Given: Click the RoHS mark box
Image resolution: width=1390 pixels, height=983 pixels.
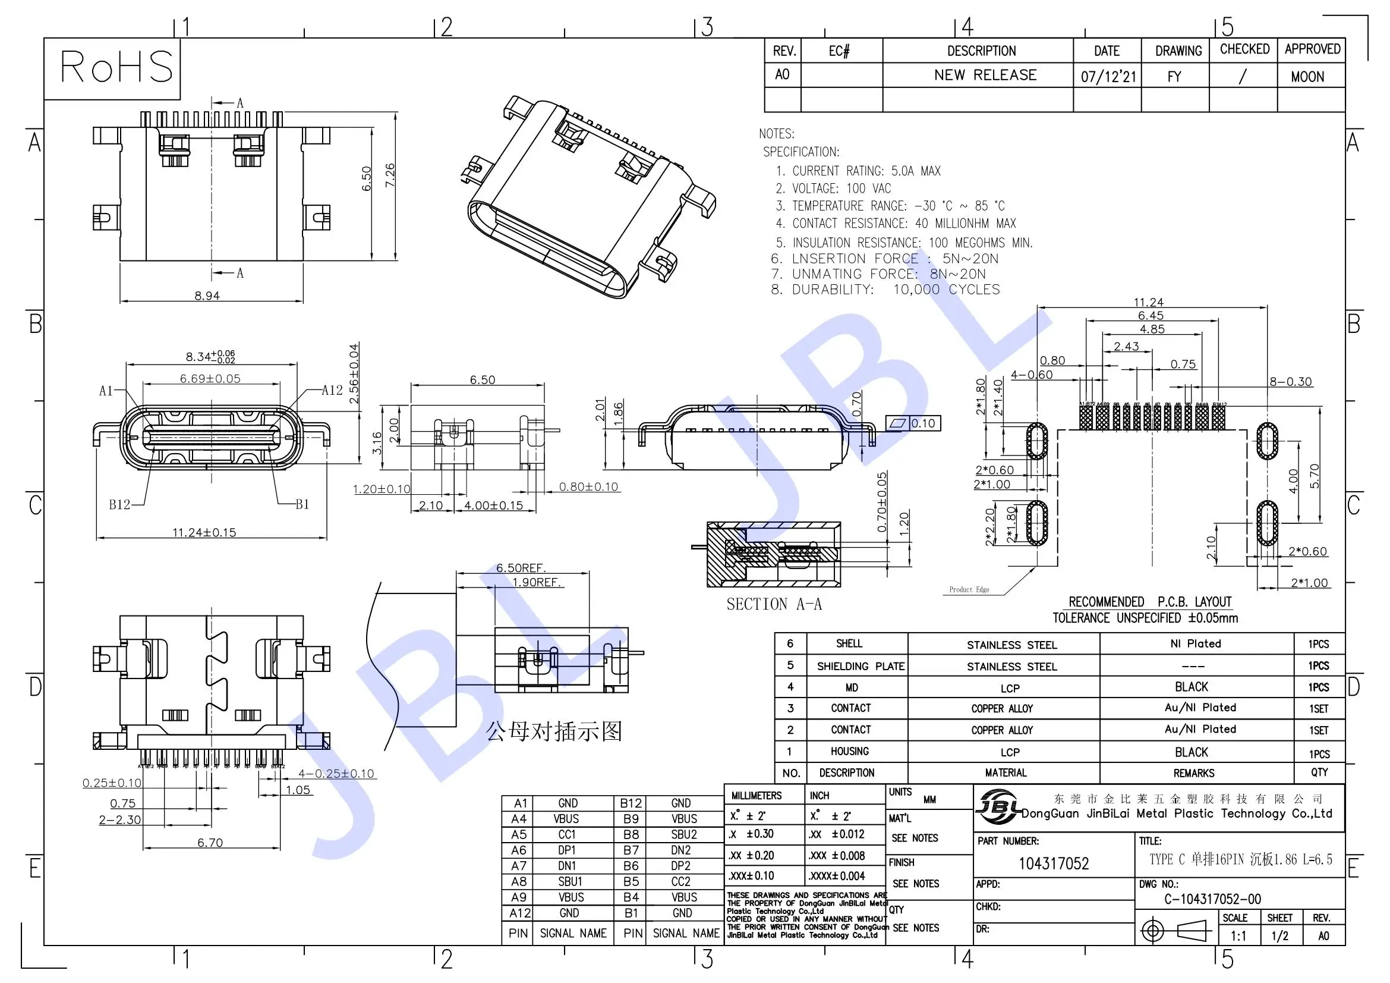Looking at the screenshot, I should pos(112,68).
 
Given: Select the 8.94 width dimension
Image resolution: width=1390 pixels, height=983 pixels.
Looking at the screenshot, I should pos(207,296).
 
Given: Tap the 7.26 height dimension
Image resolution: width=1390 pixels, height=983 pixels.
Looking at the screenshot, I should pos(390,175).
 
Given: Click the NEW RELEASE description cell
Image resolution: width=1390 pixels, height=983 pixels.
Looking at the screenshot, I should pos(985,75).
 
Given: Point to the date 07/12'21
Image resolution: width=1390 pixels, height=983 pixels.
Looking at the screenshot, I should pos(1108,77).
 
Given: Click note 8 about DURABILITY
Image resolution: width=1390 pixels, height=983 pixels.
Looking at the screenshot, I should pos(885,290).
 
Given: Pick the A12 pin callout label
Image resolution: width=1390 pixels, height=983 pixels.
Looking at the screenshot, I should pos(332,391).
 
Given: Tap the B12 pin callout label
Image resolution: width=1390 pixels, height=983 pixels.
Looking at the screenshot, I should pos(119,504).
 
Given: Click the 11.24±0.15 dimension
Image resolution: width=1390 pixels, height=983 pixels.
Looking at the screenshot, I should pos(204,532).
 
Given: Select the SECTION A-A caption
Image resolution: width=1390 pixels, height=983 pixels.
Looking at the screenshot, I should pos(774,604).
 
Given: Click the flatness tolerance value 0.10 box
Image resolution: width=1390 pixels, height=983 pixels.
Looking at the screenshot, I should pos(923,423).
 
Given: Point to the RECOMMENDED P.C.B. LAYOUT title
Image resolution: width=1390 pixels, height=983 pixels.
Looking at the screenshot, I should pos(1150,602).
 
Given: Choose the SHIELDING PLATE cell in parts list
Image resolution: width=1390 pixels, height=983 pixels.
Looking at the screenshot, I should pos(861,666).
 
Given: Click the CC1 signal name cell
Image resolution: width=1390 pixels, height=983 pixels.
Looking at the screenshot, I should pos(568,834).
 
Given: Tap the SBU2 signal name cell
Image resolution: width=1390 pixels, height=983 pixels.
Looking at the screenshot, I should pos(684,834).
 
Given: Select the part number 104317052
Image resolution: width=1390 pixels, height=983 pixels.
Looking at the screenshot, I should pos(1054,863).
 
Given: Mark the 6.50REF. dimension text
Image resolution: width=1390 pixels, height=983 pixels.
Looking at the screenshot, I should pos(521,568).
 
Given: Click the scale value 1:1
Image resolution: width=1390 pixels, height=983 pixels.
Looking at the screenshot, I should pos(1238,936).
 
